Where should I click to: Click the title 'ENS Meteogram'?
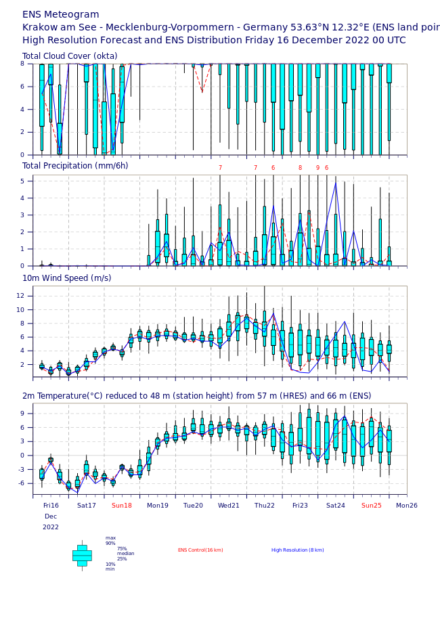point(61,15)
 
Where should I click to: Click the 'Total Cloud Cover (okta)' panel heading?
point(70,56)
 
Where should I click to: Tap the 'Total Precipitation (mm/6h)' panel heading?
point(75,166)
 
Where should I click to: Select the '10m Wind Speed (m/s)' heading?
point(67,278)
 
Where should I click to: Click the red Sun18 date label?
point(122,506)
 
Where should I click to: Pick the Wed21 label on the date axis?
point(229,506)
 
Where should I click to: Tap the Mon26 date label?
point(407,506)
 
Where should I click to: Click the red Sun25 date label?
point(372,506)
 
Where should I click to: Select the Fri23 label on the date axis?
point(300,506)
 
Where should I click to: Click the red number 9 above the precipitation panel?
point(317,169)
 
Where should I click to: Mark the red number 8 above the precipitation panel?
point(300,169)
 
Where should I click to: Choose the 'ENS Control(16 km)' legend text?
point(200,550)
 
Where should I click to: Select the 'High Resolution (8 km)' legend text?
point(298,550)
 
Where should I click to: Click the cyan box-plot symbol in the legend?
point(82,555)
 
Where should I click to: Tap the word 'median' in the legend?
point(126,554)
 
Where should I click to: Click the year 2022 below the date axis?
point(51,527)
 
